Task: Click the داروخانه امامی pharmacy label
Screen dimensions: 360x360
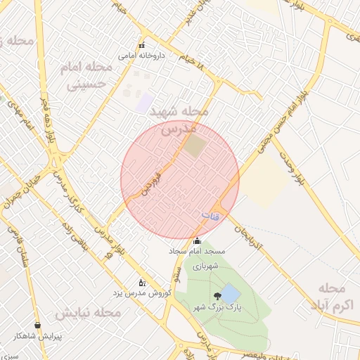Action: click(x=141, y=55)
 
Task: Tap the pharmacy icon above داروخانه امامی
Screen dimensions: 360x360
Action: click(x=141, y=45)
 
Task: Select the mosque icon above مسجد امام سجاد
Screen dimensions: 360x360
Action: click(x=196, y=240)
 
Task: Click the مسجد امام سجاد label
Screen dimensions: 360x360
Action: click(x=196, y=250)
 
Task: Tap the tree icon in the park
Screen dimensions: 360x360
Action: click(x=215, y=296)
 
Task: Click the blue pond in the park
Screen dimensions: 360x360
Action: click(x=230, y=293)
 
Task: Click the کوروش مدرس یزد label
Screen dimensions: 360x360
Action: click(x=143, y=292)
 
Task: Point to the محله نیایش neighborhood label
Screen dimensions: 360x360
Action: click(x=82, y=313)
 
